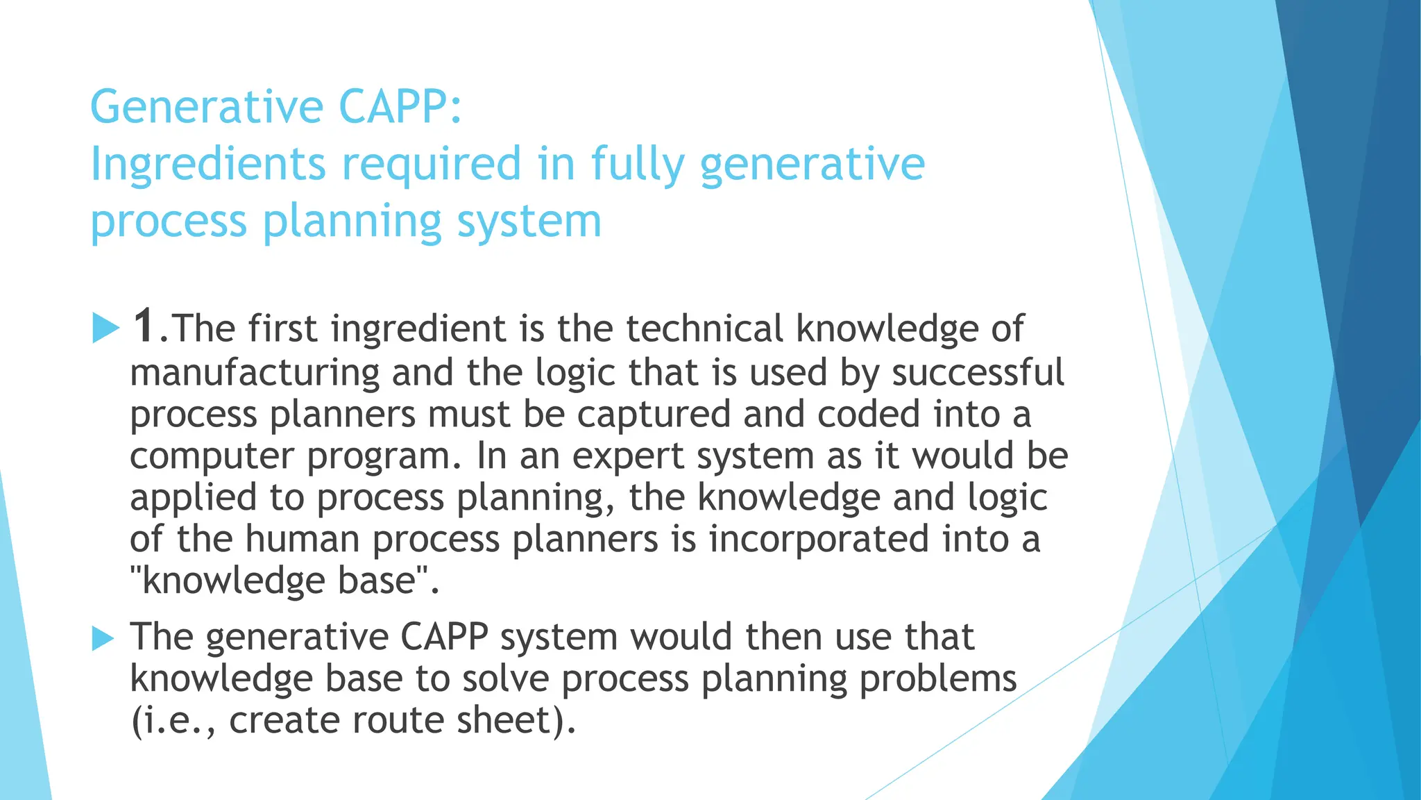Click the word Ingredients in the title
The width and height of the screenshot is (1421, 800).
[x=207, y=165]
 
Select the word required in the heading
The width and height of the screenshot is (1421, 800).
[x=431, y=165]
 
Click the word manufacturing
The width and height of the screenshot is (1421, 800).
[x=255, y=373]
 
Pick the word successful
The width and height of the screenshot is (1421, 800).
[x=977, y=373]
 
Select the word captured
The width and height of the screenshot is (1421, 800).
[x=654, y=415]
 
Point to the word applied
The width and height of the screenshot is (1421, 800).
[x=193, y=499]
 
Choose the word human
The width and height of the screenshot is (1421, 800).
[x=302, y=540]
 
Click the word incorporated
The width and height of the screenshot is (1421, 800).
[x=819, y=540]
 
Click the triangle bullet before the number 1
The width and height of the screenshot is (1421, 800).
[x=105, y=328]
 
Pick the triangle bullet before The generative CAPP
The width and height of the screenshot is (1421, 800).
[x=103, y=637]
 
